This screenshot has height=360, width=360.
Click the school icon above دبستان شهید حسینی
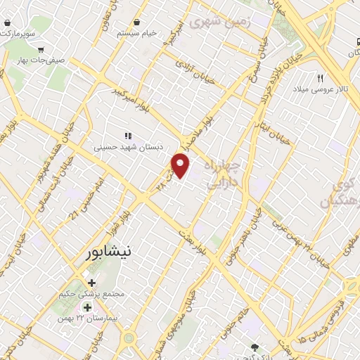(x=128, y=135)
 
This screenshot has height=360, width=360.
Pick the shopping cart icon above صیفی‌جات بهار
(x=42, y=49)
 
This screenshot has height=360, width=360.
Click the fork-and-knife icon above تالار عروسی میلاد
(x=321, y=78)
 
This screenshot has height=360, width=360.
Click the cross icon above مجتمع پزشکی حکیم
(x=92, y=283)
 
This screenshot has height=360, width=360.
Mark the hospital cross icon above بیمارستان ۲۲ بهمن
(x=87, y=308)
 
